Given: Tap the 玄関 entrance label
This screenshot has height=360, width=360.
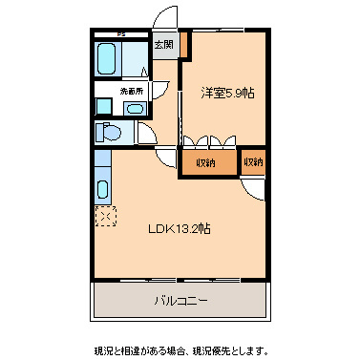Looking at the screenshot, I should click(x=164, y=44).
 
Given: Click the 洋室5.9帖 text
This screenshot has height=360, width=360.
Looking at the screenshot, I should click(x=227, y=93).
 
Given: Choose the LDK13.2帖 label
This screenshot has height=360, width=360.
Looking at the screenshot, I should click(x=179, y=229).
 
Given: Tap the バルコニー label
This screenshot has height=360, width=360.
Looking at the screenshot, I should click(x=181, y=301).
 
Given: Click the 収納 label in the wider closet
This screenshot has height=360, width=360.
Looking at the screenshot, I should click(x=206, y=162).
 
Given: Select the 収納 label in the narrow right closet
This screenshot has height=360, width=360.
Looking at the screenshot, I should click(x=253, y=162).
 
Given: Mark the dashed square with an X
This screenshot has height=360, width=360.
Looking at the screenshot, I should click(x=103, y=218).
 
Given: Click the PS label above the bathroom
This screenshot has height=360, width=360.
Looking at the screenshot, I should click(x=121, y=34).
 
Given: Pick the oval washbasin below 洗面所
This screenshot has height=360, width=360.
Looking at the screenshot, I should click(x=131, y=108).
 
